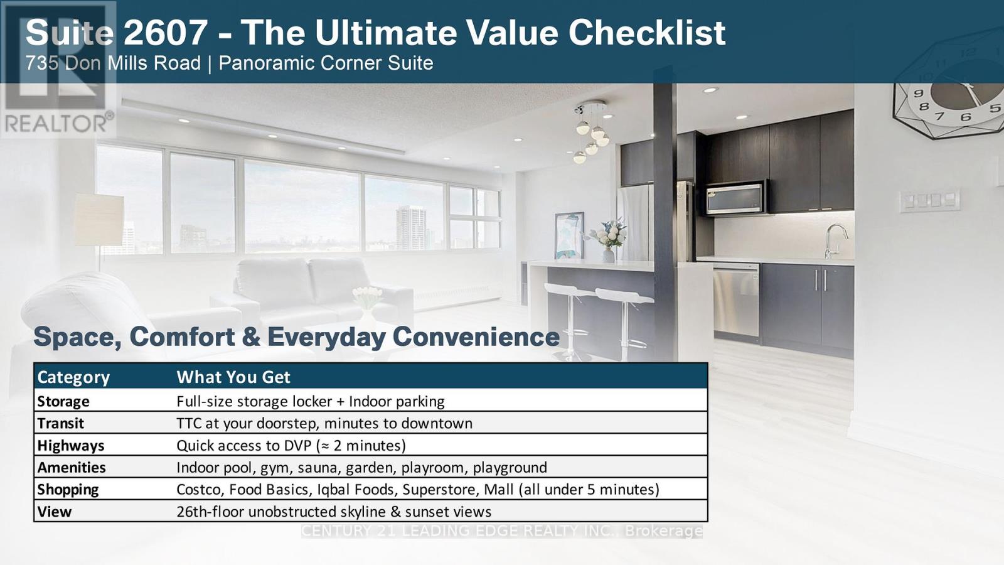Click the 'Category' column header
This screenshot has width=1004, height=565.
[73, 377]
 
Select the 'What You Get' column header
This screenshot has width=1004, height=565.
[233, 377]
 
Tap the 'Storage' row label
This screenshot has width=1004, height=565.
[63, 401]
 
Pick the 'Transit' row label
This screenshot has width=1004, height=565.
[60, 423]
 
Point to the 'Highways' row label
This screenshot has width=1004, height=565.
[71, 446]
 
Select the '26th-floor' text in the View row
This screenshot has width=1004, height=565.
[210, 512]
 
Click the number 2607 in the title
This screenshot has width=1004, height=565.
[166, 33]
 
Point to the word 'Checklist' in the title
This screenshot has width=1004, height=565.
[647, 33]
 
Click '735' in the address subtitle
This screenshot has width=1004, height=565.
[42, 63]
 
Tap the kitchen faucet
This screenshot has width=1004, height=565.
[835, 241]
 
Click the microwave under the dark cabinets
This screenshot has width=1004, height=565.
[735, 197]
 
